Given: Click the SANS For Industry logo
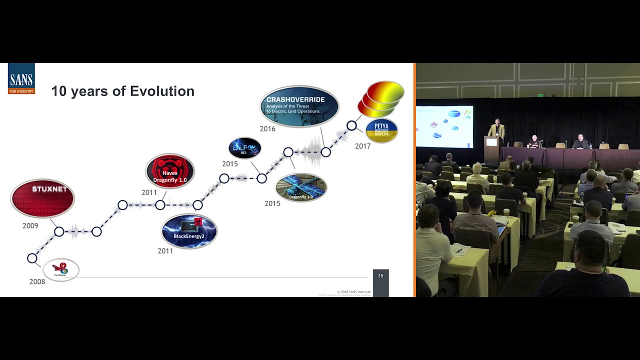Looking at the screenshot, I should click(x=21, y=78).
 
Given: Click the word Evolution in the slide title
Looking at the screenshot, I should click(x=162, y=91).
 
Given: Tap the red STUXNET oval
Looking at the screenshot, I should click(x=42, y=198).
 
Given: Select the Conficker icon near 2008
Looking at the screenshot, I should click(x=60, y=270).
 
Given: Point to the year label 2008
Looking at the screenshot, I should click(x=37, y=281).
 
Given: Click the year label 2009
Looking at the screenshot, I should click(x=30, y=225).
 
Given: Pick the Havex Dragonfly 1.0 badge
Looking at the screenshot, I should click(x=170, y=171).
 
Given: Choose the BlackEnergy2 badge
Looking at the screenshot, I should click(x=189, y=231).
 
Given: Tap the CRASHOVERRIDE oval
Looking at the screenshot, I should click(x=299, y=106).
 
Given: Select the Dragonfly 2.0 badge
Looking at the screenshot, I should click(x=301, y=187).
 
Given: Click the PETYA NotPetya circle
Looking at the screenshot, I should click(x=381, y=130).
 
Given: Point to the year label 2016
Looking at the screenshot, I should click(x=267, y=129).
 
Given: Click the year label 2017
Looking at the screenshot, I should click(x=363, y=146).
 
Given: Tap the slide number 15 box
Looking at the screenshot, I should click(x=380, y=276).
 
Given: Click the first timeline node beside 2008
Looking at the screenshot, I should click(x=32, y=258).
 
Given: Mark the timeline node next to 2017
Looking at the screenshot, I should click(x=351, y=125).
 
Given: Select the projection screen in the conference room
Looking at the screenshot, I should click(x=444, y=126).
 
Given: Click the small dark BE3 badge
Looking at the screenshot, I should click(x=244, y=148).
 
